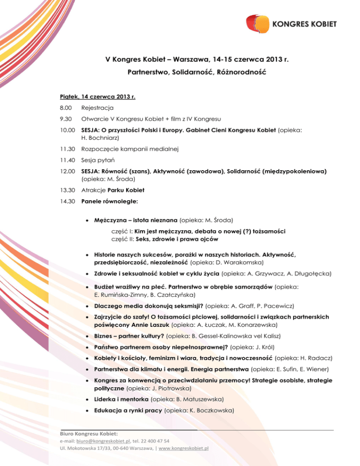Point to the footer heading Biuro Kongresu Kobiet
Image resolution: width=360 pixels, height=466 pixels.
pyautogui.click(x=88, y=434)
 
